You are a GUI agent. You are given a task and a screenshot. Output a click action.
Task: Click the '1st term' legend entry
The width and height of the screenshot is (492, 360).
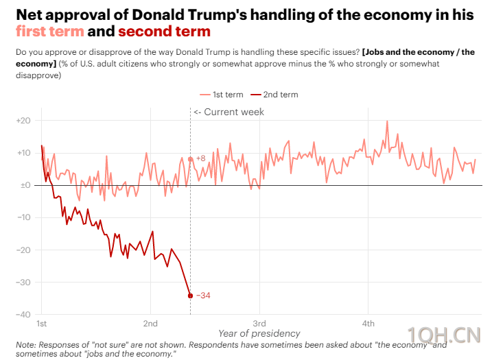click(x=222, y=95)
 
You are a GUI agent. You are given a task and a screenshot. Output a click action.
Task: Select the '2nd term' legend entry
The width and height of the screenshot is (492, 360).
click(x=274, y=95)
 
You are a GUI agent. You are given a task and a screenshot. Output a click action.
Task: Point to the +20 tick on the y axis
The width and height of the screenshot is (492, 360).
click(x=23, y=121)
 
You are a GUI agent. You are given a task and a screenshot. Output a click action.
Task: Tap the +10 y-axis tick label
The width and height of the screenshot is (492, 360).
click(x=23, y=153)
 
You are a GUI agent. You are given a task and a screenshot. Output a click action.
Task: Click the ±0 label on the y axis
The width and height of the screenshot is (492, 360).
click(x=25, y=185)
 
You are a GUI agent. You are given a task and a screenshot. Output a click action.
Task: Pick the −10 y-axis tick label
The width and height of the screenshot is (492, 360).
click(x=23, y=217)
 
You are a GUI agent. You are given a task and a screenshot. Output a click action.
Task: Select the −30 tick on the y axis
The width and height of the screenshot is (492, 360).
click(x=23, y=283)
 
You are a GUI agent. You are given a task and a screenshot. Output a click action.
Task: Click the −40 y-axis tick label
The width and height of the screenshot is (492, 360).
click(x=23, y=315)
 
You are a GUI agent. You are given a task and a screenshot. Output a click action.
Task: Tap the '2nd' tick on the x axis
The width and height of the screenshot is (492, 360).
click(x=150, y=323)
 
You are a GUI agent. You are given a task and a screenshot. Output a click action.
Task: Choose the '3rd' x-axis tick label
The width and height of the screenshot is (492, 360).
click(x=259, y=323)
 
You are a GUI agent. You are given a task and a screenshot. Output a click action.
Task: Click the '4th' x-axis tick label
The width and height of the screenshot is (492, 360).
click(x=368, y=323)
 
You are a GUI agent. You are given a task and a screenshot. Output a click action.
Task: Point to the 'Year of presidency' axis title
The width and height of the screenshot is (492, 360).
click(x=259, y=333)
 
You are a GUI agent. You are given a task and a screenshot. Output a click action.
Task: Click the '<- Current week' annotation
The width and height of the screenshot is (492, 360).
click(x=229, y=112)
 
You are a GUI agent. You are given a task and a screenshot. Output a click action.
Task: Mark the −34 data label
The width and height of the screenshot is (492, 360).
click(x=203, y=296)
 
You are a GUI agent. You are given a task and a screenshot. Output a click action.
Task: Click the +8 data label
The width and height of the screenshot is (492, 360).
click(x=201, y=158)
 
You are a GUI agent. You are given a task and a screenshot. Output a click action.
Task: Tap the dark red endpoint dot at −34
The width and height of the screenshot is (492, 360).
click(x=190, y=296)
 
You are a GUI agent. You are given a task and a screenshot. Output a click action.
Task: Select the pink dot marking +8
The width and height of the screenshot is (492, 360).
click(x=190, y=159)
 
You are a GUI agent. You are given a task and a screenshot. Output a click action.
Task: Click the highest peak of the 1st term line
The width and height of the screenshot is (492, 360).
click(x=387, y=121)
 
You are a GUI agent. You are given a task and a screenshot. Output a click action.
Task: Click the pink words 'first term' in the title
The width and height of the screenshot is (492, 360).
click(x=50, y=32)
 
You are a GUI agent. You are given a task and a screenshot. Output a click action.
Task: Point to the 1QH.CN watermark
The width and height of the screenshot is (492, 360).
click(x=444, y=335)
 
